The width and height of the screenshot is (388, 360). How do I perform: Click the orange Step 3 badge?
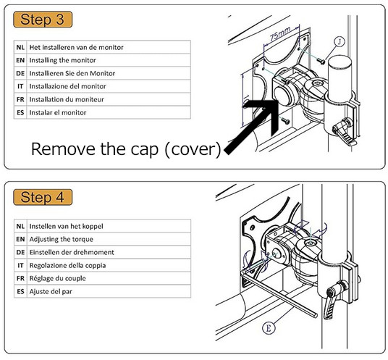pos(43,20)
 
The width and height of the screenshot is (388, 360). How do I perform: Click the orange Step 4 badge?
pos(43,197)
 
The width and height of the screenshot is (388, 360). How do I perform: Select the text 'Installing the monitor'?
pos(62,60)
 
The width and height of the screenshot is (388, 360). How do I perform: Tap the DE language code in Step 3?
pos(20,73)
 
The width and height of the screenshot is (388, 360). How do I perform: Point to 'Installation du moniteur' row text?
pos(67,99)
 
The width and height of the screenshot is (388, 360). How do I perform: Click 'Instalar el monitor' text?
pos(58,113)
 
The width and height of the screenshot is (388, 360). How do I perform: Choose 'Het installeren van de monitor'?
pos(76,47)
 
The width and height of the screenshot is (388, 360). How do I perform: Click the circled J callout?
pos(339,41)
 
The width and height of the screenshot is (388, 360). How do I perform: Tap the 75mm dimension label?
pos(280,34)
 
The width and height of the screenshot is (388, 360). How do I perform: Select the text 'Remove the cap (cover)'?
pos(126,148)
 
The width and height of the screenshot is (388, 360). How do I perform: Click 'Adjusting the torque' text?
pos(61,239)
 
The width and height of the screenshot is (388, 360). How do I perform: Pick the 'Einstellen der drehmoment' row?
pos(72,252)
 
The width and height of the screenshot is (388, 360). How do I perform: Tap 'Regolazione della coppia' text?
pos(67,265)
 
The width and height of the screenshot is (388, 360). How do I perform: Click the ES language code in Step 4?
pos(20,291)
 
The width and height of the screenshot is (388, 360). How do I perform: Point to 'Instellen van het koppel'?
pos(66,226)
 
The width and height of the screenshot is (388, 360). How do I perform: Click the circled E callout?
pos(269,328)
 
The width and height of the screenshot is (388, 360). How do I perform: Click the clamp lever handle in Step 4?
pos(332,304)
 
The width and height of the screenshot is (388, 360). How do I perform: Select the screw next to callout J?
pos(321,61)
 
